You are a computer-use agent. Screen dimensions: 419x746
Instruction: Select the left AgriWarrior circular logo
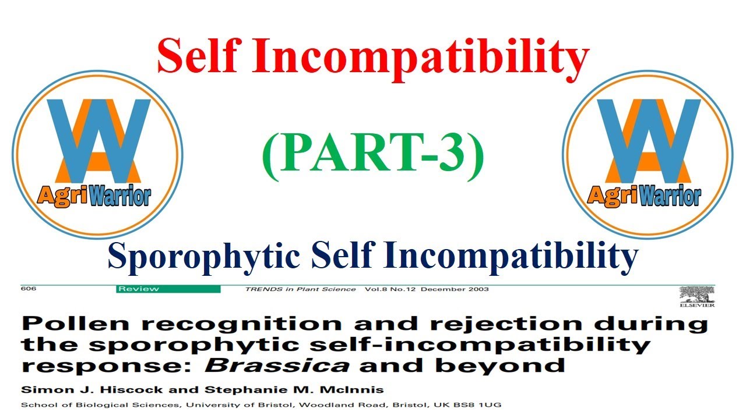pyautogui.click(x=97, y=154)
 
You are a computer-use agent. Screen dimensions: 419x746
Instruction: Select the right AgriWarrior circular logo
pyautogui.click(x=647, y=154)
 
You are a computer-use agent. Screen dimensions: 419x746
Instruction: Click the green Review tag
pyautogui.click(x=168, y=289)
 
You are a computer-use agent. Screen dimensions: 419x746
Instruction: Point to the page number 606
pyautogui.click(x=28, y=289)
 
